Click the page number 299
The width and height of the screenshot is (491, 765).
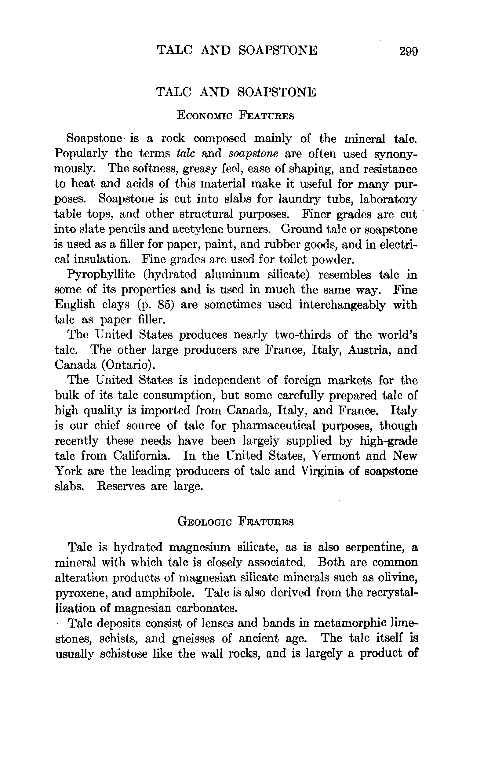408,51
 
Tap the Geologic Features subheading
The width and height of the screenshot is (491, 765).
235,522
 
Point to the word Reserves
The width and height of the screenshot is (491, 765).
121,486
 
